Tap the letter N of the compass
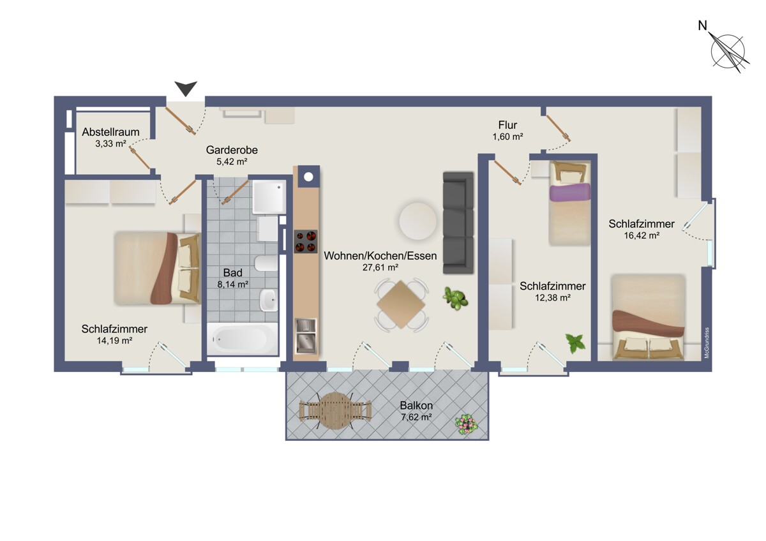(x=702, y=26)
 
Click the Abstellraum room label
(x=110, y=132)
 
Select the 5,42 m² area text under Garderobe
(x=232, y=161)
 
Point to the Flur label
(x=507, y=125)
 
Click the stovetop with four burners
(x=306, y=241)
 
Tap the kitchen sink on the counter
(x=306, y=336)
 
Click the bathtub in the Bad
(x=243, y=339)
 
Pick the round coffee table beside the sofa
(x=417, y=221)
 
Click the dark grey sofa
(x=458, y=223)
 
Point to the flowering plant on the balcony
(x=467, y=425)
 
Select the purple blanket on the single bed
(x=570, y=192)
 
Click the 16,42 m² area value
(x=642, y=235)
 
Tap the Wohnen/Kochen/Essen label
(x=380, y=256)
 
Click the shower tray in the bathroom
(x=269, y=196)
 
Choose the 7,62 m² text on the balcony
(x=416, y=417)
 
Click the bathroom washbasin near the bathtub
(x=269, y=300)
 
